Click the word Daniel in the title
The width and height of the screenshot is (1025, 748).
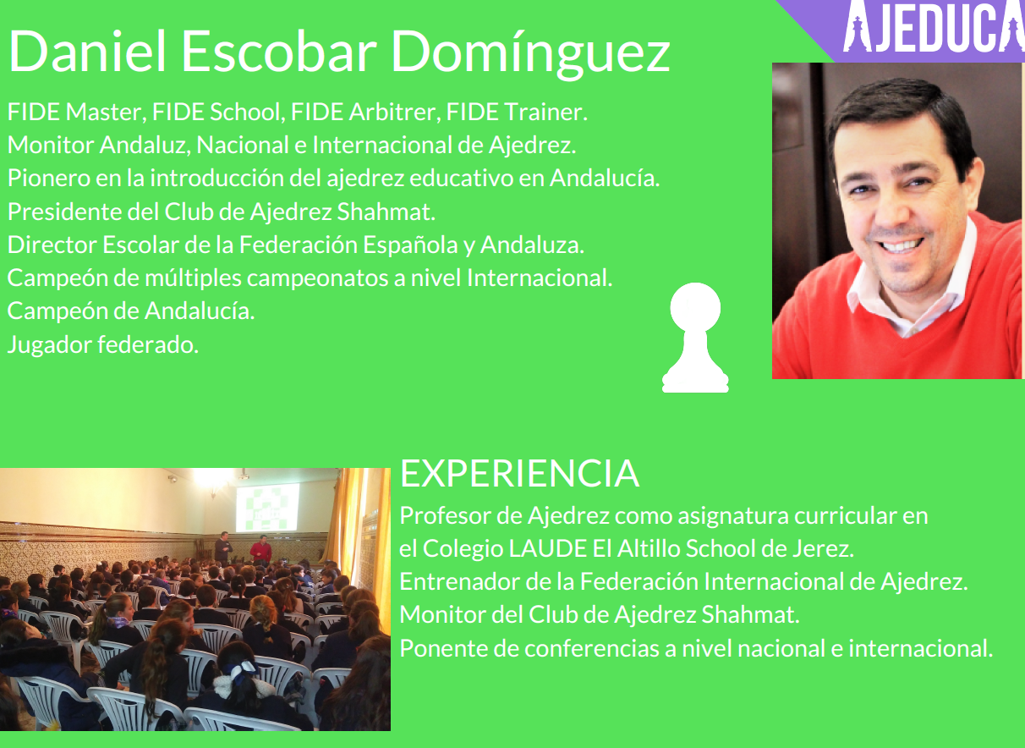pyautogui.click(x=87, y=51)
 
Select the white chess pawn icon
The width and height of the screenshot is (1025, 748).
pyautogui.click(x=695, y=338)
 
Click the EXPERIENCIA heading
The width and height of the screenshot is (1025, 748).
pyautogui.click(x=519, y=473)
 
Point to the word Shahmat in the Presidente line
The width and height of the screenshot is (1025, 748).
pyautogui.click(x=386, y=212)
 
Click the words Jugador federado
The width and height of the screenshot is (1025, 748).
pyautogui.click(x=103, y=344)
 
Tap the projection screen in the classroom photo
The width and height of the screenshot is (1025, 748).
pyautogui.click(x=267, y=508)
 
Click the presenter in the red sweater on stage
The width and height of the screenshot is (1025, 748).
pyautogui.click(x=260, y=549)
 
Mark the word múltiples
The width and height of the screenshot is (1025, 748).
pyautogui.click(x=193, y=278)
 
